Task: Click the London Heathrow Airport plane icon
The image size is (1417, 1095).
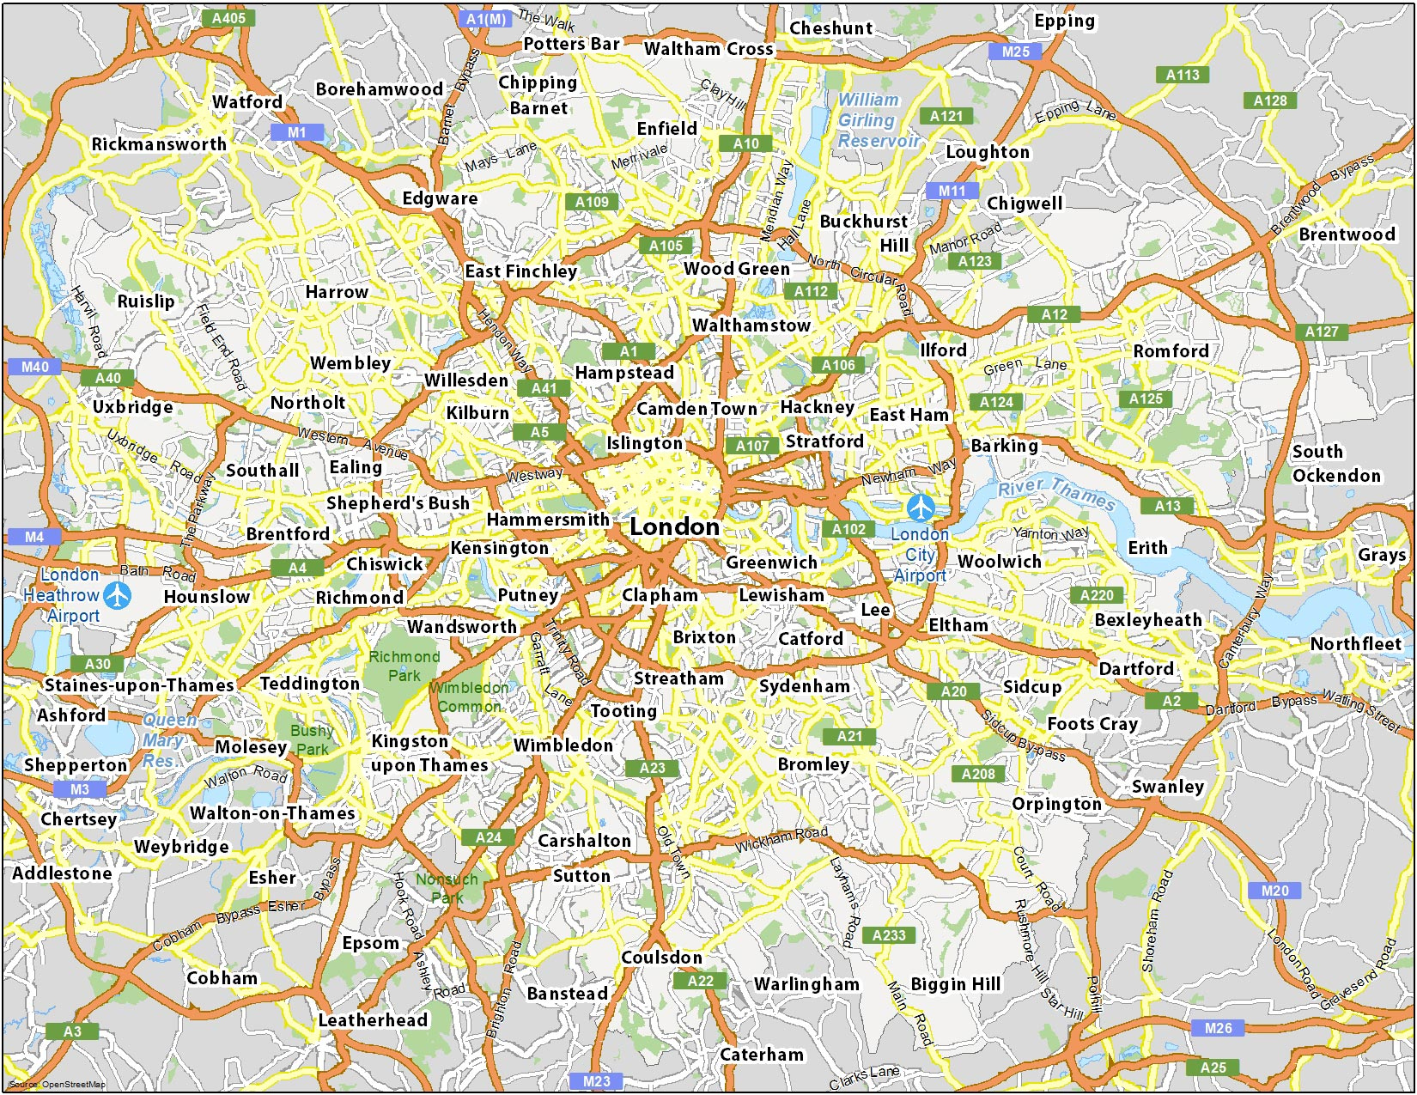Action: coord(117,594)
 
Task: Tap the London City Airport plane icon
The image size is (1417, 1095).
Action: coord(921,508)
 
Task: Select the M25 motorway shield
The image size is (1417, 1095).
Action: coord(1015,52)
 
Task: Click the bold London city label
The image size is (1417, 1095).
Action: coord(674,527)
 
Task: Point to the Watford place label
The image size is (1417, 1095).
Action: coord(247,102)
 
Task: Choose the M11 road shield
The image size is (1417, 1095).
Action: coord(952,191)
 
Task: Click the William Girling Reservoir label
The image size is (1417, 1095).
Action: coord(877,120)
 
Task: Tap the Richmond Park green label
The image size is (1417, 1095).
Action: coord(404,666)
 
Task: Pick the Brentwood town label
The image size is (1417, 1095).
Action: coord(1347,234)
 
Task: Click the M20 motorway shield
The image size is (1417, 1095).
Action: coord(1274,891)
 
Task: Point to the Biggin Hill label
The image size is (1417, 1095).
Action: coord(955,984)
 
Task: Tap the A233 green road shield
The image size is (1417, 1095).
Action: coord(889,935)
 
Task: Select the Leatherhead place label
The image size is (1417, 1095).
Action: coord(373,1020)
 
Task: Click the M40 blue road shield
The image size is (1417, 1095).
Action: coord(34,367)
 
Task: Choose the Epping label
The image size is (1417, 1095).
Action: coord(1064,21)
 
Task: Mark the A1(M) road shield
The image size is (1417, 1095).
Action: coord(486,19)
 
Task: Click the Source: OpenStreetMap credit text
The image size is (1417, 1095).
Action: coord(57,1085)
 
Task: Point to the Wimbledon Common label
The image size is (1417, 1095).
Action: coord(469,697)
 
